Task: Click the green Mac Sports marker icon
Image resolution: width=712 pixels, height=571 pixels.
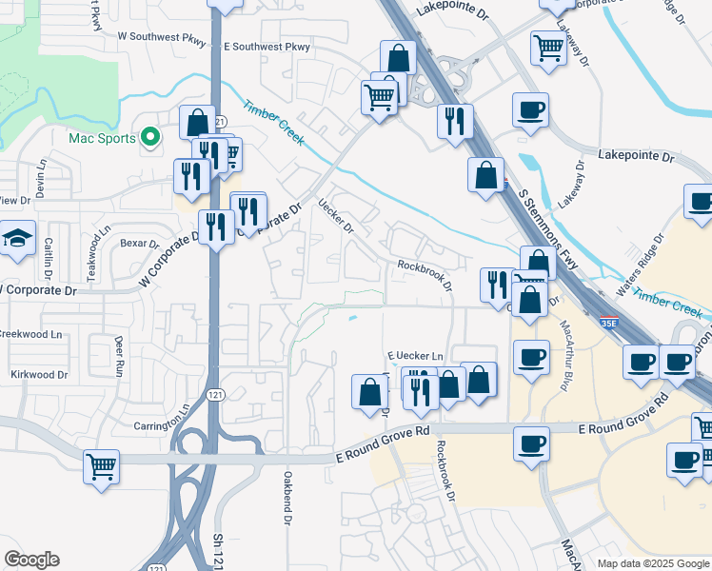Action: pos(149,138)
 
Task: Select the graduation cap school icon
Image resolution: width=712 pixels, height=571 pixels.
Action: pos(16,240)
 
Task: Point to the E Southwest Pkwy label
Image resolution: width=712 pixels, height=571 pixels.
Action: pos(267,46)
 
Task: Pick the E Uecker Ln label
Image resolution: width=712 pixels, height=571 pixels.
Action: pos(415,356)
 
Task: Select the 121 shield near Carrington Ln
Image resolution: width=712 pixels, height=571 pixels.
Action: pos(217,395)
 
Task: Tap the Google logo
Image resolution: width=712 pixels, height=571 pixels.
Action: pos(32,560)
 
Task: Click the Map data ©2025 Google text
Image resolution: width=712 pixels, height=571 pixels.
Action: pos(653,563)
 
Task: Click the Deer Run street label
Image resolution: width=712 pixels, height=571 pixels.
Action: pos(120,354)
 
